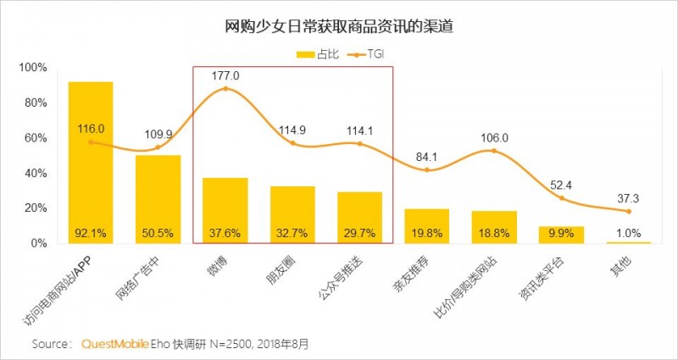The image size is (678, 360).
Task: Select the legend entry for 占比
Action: [x=320, y=54]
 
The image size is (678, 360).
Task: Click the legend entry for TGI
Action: [x=373, y=54]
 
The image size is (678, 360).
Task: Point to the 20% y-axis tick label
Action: [x=36, y=208]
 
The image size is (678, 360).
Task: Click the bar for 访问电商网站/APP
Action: [x=91, y=161]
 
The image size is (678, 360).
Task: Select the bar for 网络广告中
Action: [x=158, y=199]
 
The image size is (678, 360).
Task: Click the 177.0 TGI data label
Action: [x=225, y=75]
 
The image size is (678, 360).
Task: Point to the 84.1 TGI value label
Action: [x=427, y=156]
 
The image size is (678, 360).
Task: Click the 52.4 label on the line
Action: [x=562, y=185]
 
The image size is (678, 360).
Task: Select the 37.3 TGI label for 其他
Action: [x=629, y=197]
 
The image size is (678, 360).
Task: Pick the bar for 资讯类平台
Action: [x=562, y=235]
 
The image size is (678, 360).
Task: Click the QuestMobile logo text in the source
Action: [x=114, y=344]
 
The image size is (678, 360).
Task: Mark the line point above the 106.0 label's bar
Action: [x=494, y=151]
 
